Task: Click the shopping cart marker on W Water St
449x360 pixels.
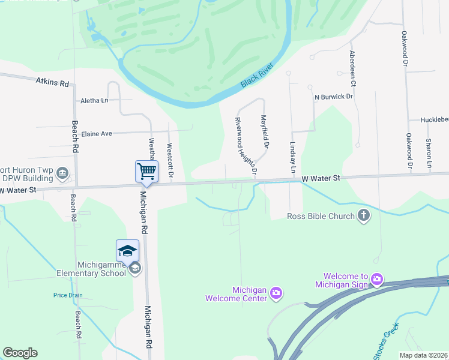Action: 146,172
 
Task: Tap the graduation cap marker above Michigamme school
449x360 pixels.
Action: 127,251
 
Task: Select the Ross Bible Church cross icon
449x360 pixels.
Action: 363,215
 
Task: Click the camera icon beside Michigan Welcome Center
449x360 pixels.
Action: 276,293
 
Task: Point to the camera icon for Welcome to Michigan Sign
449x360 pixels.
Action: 376,278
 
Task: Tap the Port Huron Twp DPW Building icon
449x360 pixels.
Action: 62,174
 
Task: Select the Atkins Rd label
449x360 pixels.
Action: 52,82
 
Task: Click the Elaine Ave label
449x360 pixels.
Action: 97,133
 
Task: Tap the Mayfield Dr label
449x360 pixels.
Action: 265,132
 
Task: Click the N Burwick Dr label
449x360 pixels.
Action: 334,96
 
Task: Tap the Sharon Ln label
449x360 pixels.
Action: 429,153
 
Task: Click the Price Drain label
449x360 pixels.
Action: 68,295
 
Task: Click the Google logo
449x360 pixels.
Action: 20,353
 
